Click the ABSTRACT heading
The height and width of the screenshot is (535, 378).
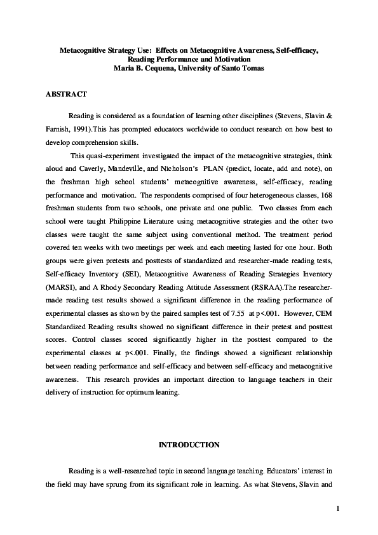coord(66,93)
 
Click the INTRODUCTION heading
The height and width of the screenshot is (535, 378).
coord(189,445)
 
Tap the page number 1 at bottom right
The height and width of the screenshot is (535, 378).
coord(339,508)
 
